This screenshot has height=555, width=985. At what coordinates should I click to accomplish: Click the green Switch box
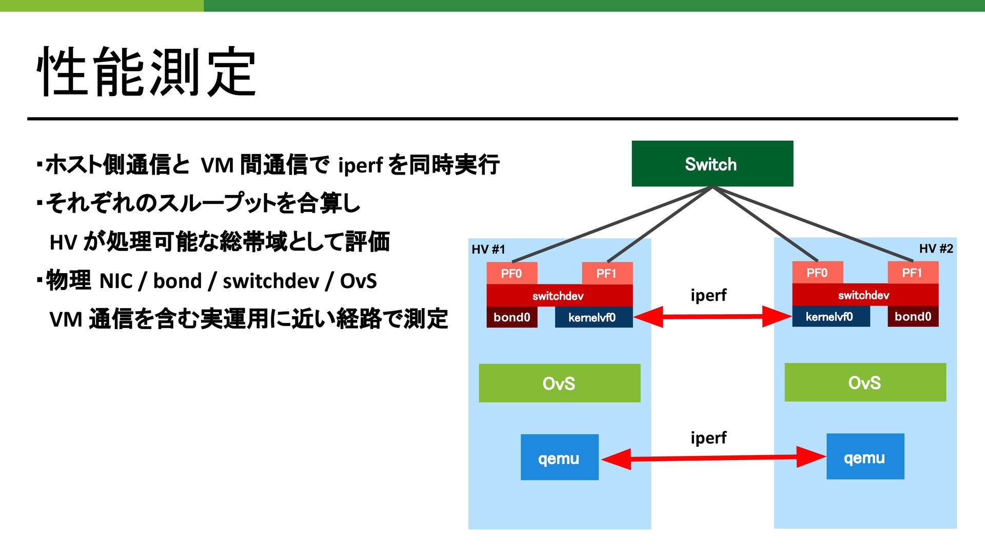tap(712, 163)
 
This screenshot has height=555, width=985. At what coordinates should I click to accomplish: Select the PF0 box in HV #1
tap(511, 273)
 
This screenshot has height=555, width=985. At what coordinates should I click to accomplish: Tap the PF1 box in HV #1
tap(607, 273)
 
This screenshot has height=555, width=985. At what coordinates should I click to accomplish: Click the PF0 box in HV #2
tap(817, 272)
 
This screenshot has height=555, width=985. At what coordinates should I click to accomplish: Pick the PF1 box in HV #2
tap(913, 272)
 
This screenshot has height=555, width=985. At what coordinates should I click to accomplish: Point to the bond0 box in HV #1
tap(511, 317)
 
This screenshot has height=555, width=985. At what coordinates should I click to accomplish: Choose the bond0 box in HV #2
tap(913, 316)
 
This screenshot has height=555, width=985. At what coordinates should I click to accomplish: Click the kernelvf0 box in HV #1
tap(594, 317)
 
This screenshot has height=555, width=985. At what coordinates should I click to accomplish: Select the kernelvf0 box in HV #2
tap(831, 316)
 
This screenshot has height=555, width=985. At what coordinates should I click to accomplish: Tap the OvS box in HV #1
tap(559, 383)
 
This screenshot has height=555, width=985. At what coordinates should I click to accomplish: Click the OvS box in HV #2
tap(865, 382)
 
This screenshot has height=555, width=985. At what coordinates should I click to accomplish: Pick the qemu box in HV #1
tap(559, 457)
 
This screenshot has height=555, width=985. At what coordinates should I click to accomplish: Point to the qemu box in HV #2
tap(865, 456)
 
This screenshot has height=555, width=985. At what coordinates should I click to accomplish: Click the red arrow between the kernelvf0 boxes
tap(713, 317)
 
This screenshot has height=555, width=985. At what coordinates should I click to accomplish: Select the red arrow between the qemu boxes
tap(713, 457)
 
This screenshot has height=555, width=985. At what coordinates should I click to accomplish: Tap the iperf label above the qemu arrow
tap(708, 438)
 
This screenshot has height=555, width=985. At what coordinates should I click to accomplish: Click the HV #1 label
tap(488, 250)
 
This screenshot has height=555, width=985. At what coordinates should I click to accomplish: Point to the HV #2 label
tap(936, 248)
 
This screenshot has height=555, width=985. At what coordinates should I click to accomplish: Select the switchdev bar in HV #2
tap(865, 295)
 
